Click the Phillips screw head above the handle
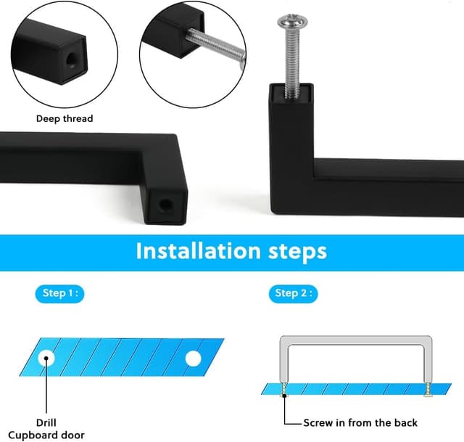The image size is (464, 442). coord(292,21)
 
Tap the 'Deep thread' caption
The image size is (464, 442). coord(65,118)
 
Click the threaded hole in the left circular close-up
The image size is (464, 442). coord(71,60)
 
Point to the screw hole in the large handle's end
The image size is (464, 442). coord(165,205)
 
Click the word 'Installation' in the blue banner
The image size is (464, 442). coord(198,251)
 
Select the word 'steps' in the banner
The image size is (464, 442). coord(297,253)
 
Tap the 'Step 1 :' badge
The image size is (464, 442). coord(59,294)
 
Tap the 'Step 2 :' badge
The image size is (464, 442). coord(293,294)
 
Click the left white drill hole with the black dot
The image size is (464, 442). coord(46,358)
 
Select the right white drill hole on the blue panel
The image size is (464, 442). coord(194,359)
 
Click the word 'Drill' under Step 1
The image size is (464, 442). coord(46,422)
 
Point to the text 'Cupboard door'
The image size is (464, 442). coord(46,435)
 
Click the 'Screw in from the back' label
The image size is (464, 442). coord(360,422)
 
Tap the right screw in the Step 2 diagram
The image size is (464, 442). coord(428,390)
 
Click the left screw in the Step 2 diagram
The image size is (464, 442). coord(284,390)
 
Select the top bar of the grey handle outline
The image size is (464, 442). coord(356,340)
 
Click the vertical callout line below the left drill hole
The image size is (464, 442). coord(46,385)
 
